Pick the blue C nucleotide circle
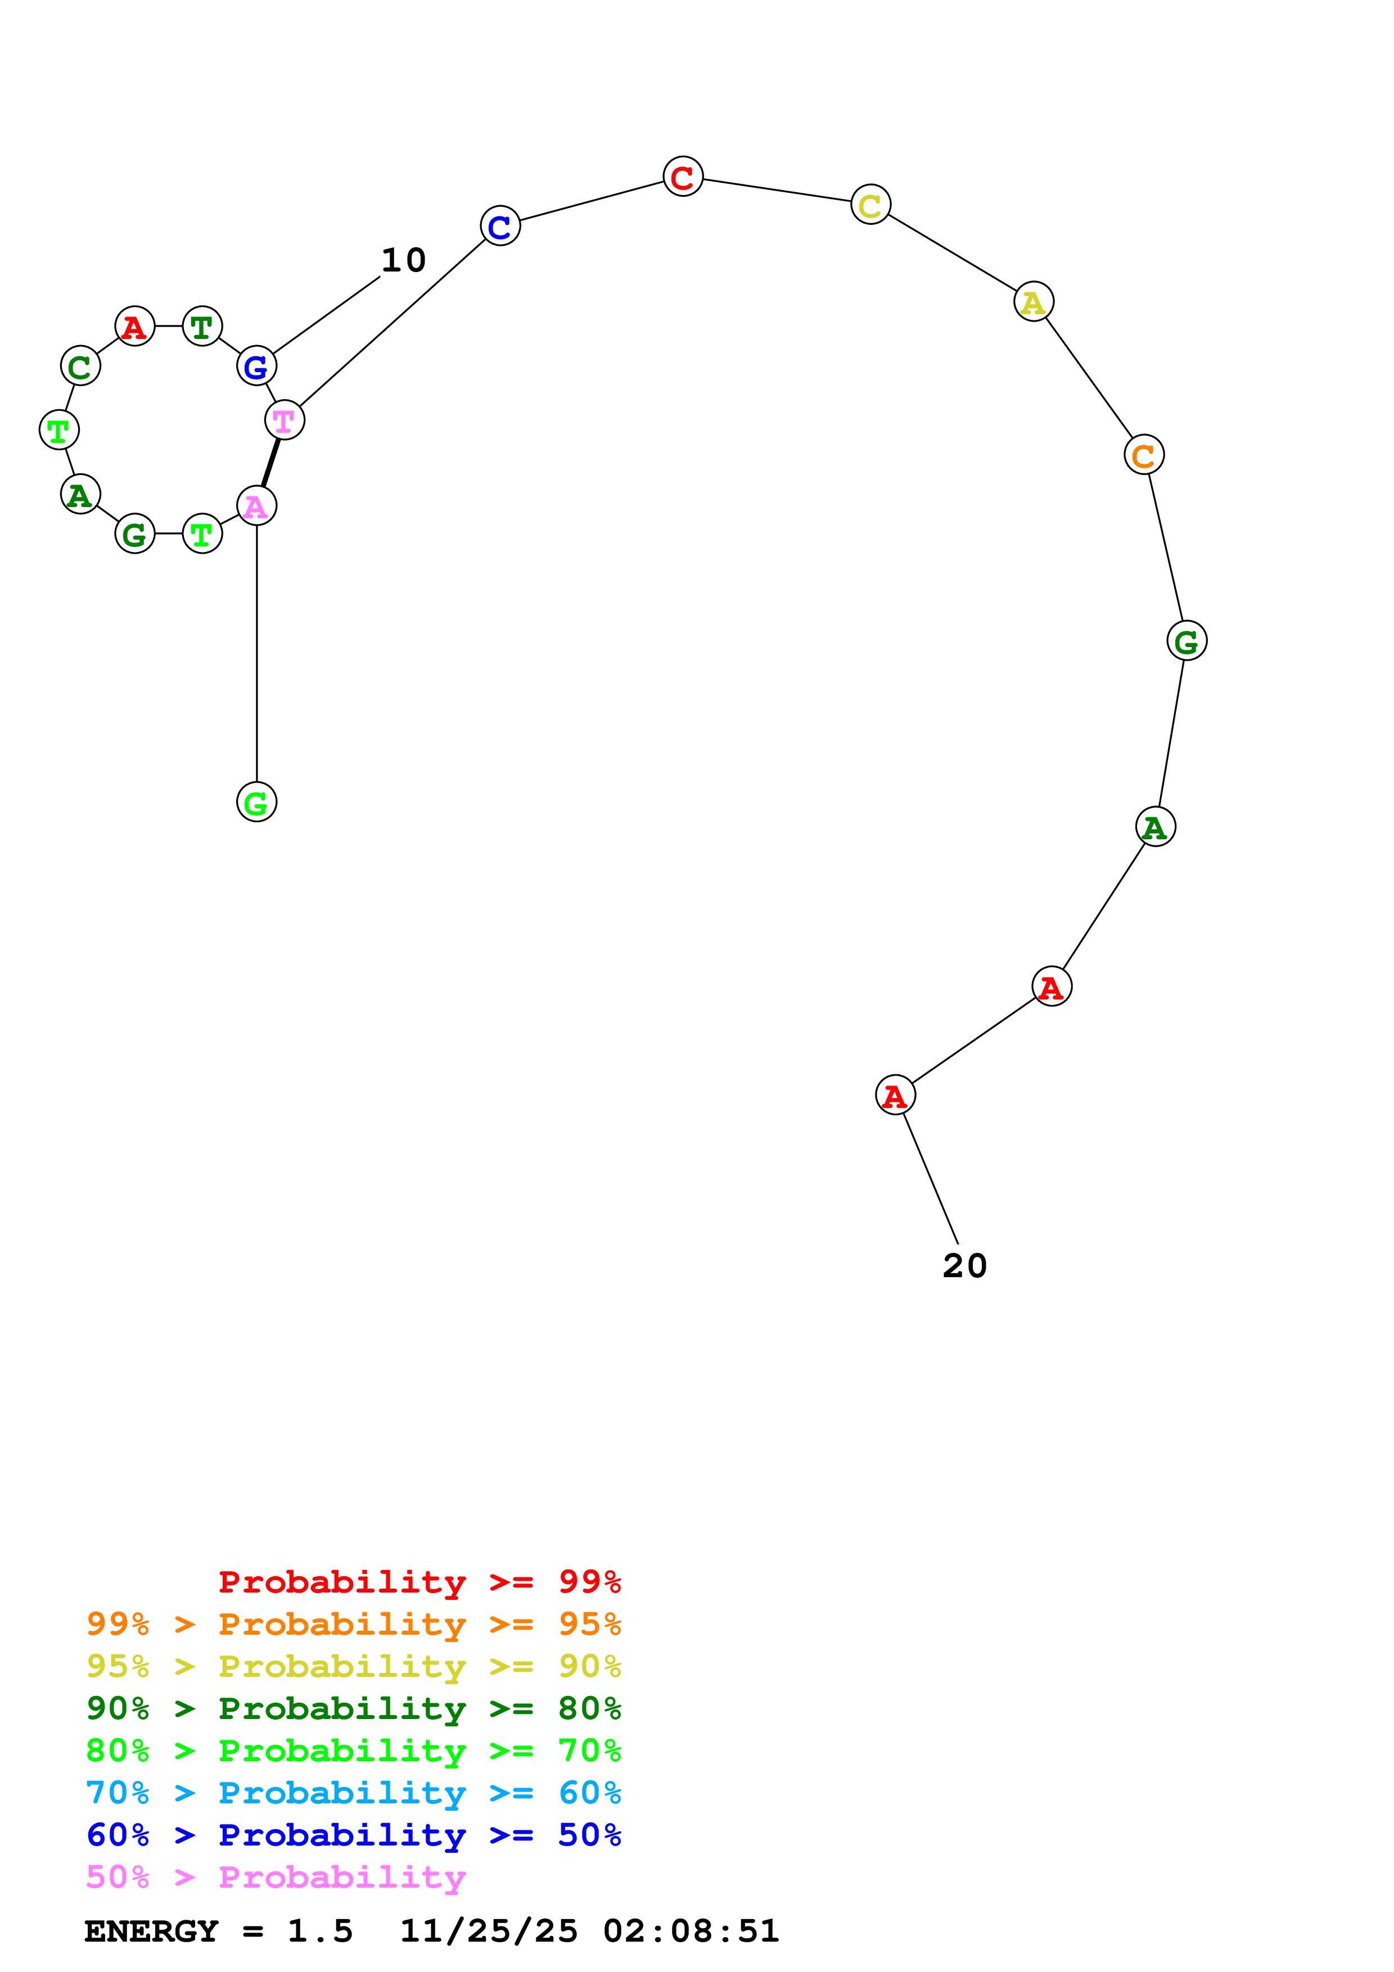pyautogui.click(x=500, y=226)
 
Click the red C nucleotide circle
pyautogui.click(x=683, y=177)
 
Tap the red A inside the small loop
pyautogui.click(x=134, y=327)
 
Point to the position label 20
pyautogui.click(x=964, y=1266)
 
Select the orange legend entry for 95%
pyautogui.click(x=353, y=1624)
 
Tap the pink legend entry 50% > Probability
pyautogui.click(x=275, y=1878)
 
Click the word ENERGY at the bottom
pyautogui.click(x=151, y=1932)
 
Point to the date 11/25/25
pyautogui.click(x=489, y=1932)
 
